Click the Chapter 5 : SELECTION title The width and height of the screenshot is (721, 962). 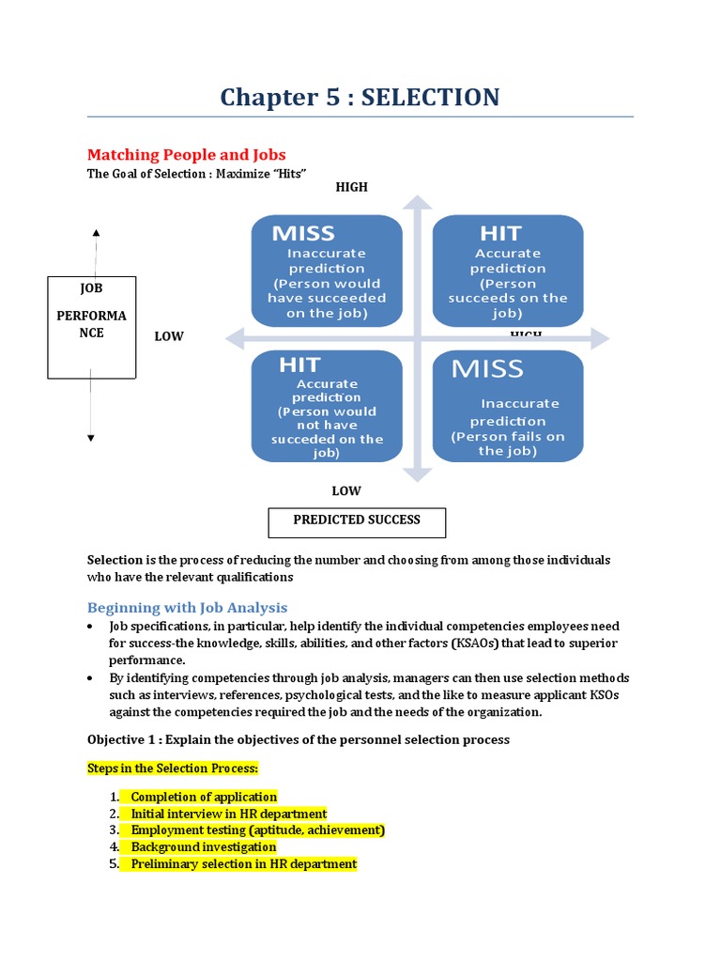pyautogui.click(x=360, y=97)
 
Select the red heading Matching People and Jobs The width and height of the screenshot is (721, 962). pyautogui.click(x=186, y=155)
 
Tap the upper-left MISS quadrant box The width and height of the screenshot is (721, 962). pyautogui.click(x=327, y=272)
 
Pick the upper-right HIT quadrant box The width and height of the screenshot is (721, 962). pyautogui.click(x=507, y=272)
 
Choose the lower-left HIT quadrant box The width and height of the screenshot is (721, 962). pyautogui.click(x=327, y=406)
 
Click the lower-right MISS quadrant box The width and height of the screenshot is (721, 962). pyautogui.click(x=507, y=406)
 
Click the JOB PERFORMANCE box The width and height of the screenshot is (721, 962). pyautogui.click(x=92, y=327)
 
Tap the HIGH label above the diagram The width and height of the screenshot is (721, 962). pyautogui.click(x=351, y=187)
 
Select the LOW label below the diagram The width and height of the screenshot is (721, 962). pyautogui.click(x=345, y=490)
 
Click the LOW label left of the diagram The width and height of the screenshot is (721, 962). pyautogui.click(x=169, y=336)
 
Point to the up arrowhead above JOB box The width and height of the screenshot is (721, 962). pyautogui.click(x=96, y=232)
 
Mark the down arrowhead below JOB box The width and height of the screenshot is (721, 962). pyautogui.click(x=91, y=438)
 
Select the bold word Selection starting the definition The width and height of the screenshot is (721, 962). pyautogui.click(x=115, y=560)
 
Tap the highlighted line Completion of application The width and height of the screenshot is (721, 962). pyautogui.click(x=204, y=797)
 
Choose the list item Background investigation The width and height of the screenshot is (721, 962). pyautogui.click(x=203, y=847)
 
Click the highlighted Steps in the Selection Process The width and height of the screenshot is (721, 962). pyautogui.click(x=172, y=768)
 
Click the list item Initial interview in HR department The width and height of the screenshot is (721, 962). pyautogui.click(x=228, y=814)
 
